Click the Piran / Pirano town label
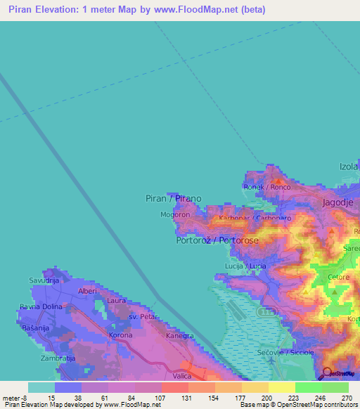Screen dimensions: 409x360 pyautogui.click(x=173, y=198)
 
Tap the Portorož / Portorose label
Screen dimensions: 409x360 pyautogui.click(x=217, y=240)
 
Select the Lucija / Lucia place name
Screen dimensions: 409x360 pyautogui.click(x=245, y=266)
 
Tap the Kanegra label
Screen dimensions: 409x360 pyautogui.click(x=180, y=335)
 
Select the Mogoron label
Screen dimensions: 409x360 pyautogui.click(x=175, y=214)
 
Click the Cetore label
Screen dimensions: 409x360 pyautogui.click(x=338, y=278)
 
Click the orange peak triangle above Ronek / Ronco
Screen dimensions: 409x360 pyautogui.click(x=276, y=173)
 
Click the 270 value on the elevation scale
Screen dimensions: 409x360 pyautogui.click(x=345, y=397)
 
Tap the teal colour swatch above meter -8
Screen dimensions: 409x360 pyautogui.click(x=41, y=387)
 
